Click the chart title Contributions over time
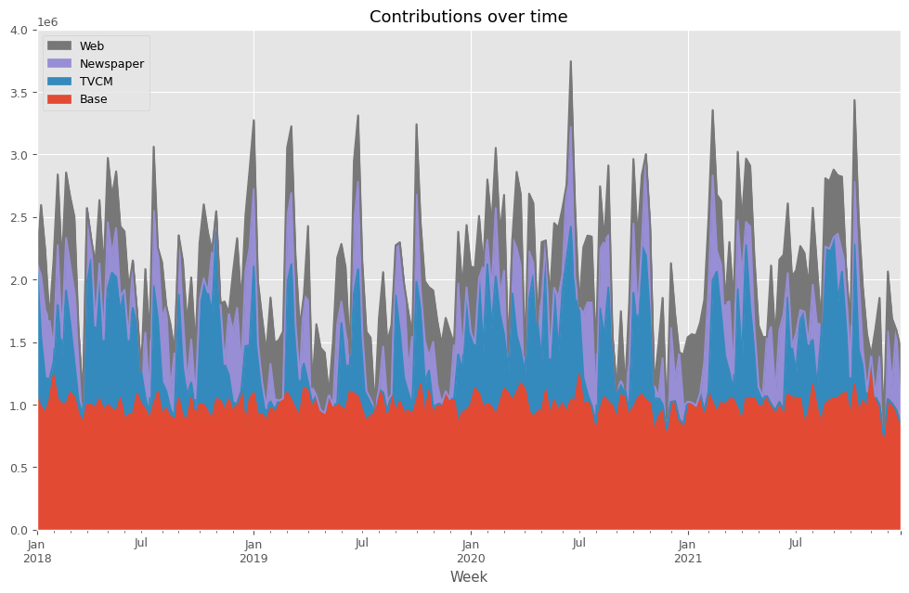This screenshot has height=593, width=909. click(468, 17)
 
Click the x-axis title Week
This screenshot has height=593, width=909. click(469, 577)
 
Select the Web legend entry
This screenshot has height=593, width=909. click(92, 45)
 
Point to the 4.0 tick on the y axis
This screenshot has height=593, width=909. click(20, 30)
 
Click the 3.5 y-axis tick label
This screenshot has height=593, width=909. click(20, 93)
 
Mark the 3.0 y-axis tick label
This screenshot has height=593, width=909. click(20, 155)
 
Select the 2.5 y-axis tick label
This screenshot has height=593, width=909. click(20, 217)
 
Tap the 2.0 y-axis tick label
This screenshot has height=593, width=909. click(20, 280)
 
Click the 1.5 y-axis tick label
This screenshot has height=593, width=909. click(20, 342)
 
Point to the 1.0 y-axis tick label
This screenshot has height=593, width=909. click(20, 406)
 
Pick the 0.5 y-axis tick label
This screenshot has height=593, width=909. click(20, 468)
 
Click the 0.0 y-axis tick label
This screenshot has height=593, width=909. click(20, 530)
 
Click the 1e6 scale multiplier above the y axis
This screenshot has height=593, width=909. click(46, 21)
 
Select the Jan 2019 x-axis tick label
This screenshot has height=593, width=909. click(253, 550)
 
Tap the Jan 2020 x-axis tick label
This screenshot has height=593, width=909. click(471, 550)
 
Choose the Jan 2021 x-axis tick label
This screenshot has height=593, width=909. click(688, 550)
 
